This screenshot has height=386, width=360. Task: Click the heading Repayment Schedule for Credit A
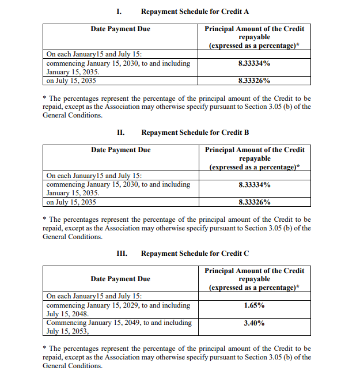[195, 12]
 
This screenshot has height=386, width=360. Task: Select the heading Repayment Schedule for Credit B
[195, 133]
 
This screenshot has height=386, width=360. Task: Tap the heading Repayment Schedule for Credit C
[195, 253]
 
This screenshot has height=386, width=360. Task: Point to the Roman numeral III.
[122, 253]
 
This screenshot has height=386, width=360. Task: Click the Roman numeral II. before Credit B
[121, 133]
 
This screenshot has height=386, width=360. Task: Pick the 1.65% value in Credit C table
[254, 305]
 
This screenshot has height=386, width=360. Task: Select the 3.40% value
[254, 323]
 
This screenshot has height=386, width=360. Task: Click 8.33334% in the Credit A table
[254, 63]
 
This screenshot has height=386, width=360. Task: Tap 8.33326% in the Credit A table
[254, 81]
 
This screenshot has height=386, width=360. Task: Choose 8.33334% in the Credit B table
[254, 184]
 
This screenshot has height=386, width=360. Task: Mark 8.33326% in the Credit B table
[254, 202]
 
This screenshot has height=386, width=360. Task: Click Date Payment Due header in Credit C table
[120, 279]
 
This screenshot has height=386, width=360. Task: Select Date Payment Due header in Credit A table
[120, 29]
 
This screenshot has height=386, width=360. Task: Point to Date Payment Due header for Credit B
[120, 150]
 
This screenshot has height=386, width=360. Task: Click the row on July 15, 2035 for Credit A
[71, 81]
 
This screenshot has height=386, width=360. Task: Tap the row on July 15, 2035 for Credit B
[71, 202]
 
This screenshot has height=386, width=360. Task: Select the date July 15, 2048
[67, 314]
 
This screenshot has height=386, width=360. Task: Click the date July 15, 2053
[67, 331]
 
